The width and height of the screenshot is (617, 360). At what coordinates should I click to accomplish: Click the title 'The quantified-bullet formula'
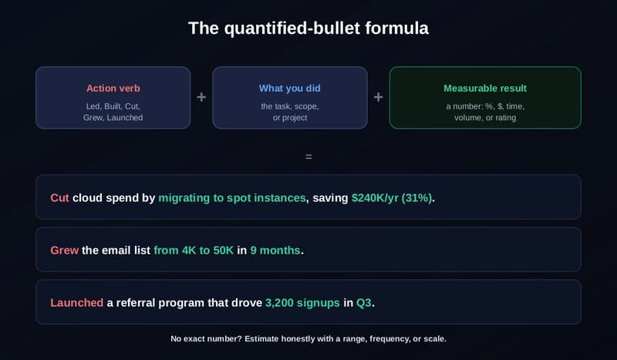(308, 29)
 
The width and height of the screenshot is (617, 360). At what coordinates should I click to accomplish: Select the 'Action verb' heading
(113, 88)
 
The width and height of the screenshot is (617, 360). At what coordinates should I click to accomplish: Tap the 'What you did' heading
(290, 88)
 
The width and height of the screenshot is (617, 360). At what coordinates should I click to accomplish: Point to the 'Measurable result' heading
(485, 88)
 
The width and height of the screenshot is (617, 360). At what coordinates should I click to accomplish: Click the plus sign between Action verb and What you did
(201, 97)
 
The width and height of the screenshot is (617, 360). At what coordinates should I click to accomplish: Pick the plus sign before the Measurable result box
(378, 97)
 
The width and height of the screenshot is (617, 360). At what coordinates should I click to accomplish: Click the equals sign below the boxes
(308, 157)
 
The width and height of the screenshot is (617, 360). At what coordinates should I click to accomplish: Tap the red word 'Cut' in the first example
(59, 198)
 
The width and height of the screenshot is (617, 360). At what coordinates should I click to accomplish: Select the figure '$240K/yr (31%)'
(392, 198)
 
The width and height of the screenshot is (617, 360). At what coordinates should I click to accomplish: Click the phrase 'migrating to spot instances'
(232, 198)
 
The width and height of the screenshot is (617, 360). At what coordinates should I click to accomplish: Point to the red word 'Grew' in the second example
(65, 251)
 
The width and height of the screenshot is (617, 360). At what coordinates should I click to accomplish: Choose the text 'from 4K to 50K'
(194, 251)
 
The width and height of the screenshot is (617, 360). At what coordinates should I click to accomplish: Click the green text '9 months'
(275, 251)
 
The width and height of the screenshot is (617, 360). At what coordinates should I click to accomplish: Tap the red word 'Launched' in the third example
(76, 302)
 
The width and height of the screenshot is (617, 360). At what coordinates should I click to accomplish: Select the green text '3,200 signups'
(302, 302)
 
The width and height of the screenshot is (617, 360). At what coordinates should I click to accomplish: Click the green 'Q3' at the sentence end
(363, 302)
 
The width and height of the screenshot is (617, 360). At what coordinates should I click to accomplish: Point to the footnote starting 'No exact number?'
(308, 338)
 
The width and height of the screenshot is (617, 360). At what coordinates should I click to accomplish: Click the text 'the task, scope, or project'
(290, 112)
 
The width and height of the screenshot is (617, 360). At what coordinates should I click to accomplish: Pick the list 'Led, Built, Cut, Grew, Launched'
(113, 112)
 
